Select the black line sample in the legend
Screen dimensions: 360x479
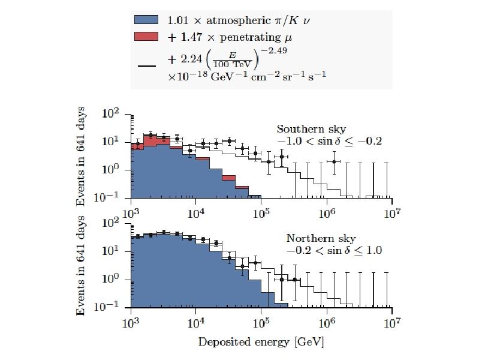(147, 66)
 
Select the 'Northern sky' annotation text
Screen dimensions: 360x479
(315, 238)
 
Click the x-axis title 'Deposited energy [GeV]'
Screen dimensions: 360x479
(261, 342)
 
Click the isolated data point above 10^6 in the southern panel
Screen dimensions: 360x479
(334, 161)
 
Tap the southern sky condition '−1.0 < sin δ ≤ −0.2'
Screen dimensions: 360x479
(329, 142)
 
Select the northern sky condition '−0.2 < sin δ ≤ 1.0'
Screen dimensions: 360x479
(334, 251)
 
